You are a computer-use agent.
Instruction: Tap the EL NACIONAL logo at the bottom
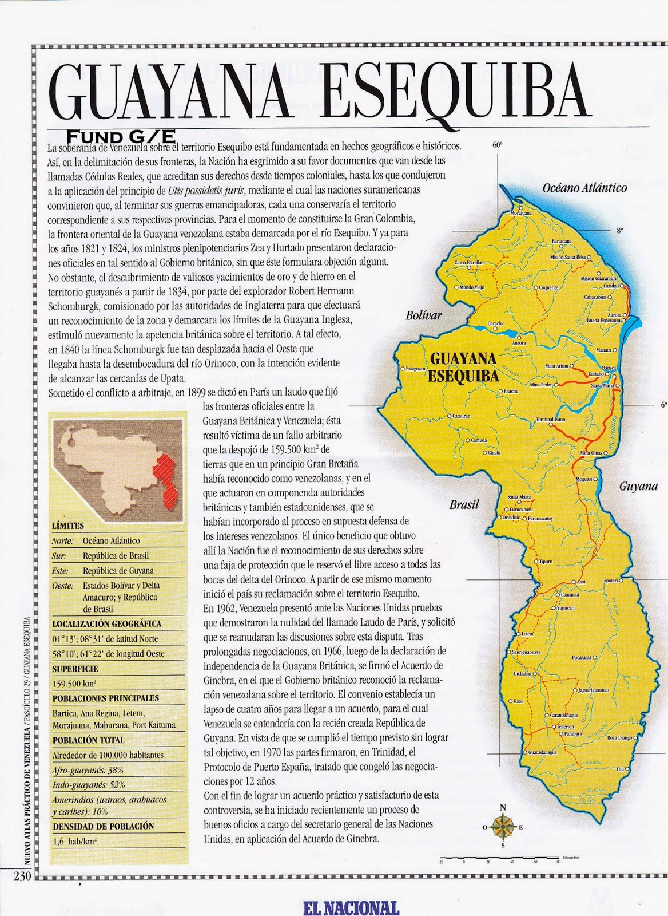click(x=351, y=908)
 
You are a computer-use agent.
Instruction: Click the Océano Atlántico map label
click(x=584, y=188)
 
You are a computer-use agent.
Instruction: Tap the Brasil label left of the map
click(x=463, y=505)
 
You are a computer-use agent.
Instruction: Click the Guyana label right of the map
click(x=638, y=487)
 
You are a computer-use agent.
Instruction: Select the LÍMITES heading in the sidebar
click(x=68, y=526)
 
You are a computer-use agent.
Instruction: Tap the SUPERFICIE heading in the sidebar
click(x=75, y=669)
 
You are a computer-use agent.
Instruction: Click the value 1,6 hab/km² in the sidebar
click(x=74, y=841)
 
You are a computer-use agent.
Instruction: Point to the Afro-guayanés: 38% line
click(x=88, y=770)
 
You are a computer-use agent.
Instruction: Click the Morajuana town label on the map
click(x=520, y=212)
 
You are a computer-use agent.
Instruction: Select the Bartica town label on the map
click(x=609, y=367)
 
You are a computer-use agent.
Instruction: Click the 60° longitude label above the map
click(x=496, y=145)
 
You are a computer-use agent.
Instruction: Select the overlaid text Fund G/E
click(x=113, y=137)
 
